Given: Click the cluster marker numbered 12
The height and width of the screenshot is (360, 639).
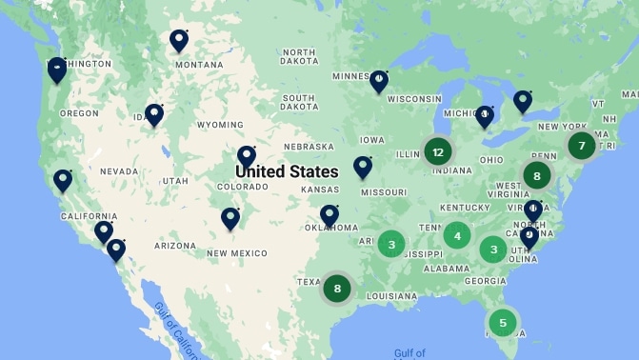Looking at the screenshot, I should point(438,151).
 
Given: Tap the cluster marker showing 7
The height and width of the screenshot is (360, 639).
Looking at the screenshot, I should point(581,146).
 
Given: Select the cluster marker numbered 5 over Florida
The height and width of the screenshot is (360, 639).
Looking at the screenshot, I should point(503,323).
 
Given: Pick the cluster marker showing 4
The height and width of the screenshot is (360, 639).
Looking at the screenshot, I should point(457,235).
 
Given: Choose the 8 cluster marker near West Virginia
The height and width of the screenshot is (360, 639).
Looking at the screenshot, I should point(537,175).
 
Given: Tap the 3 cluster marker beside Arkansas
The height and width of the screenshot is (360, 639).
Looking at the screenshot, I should point(391,245).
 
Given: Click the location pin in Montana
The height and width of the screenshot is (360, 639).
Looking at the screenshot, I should point(179,40).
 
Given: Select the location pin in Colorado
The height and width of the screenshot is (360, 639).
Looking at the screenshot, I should point(247,155).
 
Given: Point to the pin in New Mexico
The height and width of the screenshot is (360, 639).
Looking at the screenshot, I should point(230,218).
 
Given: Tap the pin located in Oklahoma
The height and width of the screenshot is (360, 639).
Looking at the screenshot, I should point(329,214).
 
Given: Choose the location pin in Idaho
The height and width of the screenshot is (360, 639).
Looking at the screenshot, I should point(154,114).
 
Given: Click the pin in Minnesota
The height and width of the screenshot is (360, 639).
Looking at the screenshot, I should point(379,80).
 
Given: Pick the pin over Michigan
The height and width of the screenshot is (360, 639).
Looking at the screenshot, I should point(485,116).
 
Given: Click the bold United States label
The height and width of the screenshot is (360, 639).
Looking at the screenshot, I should point(287,171).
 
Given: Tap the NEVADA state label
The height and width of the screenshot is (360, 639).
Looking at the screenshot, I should point(118,171).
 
